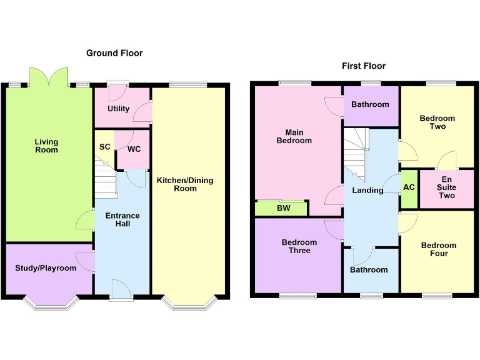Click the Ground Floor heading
(114, 53)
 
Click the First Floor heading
(363, 66)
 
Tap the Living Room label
(46, 146)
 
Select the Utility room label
(118, 109)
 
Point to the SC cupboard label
(104, 147)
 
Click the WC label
(134, 150)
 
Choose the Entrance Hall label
(122, 219)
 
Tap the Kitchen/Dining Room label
(185, 184)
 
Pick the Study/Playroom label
(46, 268)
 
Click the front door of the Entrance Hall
(121, 290)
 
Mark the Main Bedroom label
(294, 136)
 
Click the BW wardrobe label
(284, 208)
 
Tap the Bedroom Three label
(299, 246)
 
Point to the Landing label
(367, 190)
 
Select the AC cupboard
(409, 188)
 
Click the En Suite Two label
(446, 187)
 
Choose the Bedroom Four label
(438, 249)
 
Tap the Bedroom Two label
(437, 122)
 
